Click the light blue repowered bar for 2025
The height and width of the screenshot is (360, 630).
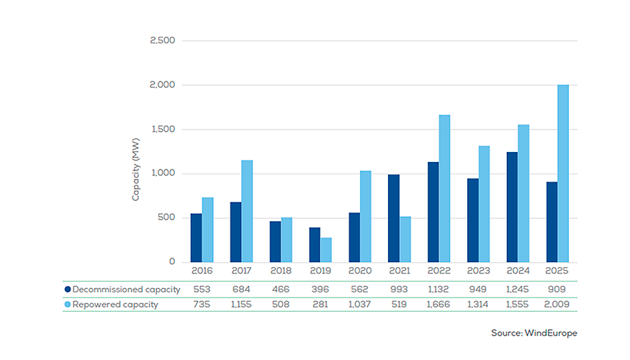point(563,174)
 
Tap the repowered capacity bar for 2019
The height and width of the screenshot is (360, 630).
point(326,250)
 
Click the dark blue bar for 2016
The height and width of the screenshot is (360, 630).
point(196,238)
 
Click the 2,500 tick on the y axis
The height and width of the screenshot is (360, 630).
point(163,40)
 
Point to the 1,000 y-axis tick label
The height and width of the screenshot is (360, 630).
point(163,174)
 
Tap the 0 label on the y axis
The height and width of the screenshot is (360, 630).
point(171,262)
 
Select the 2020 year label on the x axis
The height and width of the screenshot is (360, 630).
point(360,272)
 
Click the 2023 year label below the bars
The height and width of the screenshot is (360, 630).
point(479,272)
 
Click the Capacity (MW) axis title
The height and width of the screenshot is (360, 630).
point(135,174)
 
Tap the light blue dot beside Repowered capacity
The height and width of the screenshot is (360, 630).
point(68,304)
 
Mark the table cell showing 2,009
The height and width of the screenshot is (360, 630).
point(558,304)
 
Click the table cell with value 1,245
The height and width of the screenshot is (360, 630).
point(518,289)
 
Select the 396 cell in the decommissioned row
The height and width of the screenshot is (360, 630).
point(320,289)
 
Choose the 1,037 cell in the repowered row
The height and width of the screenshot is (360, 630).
point(360,304)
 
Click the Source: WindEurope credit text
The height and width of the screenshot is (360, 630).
point(534,333)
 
